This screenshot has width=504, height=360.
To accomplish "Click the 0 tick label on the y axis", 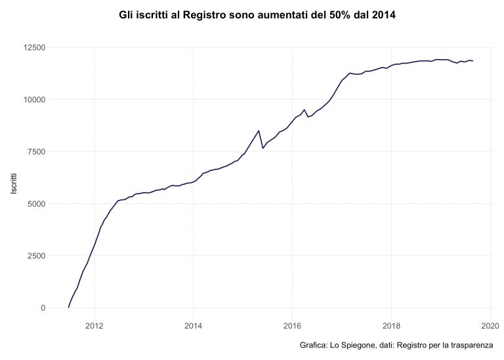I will click(42, 308).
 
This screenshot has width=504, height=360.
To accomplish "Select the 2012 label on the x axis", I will click(94, 325).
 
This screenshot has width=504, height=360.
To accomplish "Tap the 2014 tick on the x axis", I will click(193, 325).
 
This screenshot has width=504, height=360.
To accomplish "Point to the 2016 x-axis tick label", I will click(292, 325).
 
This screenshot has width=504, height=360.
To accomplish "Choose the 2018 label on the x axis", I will click(392, 325).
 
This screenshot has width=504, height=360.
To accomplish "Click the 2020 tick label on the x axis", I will click(490, 325).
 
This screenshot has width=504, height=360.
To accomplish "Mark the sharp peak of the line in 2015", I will click(259, 130).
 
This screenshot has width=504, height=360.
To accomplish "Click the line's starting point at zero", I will click(69, 307).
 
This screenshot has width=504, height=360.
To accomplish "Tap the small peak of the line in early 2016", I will click(304, 110).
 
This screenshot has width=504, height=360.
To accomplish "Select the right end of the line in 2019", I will click(472, 61).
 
